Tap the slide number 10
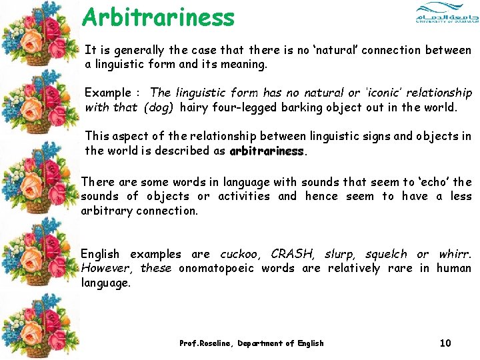pos(445,343)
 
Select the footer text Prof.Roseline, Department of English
pos(251,343)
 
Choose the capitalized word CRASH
pos(293,254)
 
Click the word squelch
pos(385,254)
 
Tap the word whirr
pos(455,254)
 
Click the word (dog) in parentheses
pos(159,107)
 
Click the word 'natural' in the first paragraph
pos(335,51)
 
